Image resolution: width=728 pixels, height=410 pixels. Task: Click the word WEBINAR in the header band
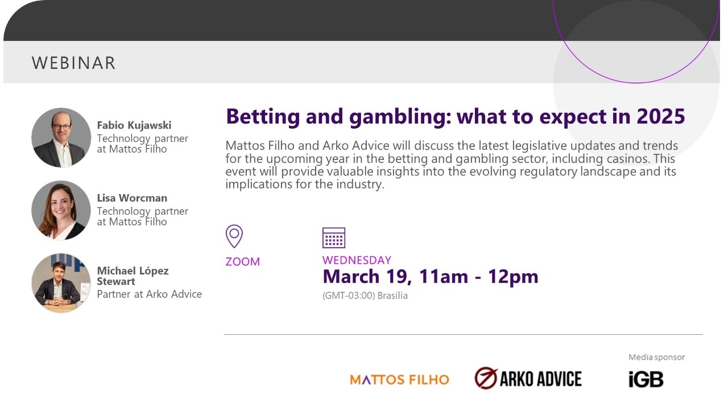click(73, 63)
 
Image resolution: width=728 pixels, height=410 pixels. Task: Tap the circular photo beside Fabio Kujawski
click(61, 138)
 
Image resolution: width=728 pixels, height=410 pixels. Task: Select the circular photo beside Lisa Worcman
click(61, 210)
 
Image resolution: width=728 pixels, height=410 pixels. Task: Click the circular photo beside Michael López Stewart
click(61, 283)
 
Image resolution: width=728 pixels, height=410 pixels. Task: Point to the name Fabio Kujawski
click(134, 125)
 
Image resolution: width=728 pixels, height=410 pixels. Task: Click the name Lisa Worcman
click(132, 198)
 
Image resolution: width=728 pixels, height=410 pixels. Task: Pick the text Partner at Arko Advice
click(149, 294)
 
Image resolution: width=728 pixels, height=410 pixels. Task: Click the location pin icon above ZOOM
click(234, 236)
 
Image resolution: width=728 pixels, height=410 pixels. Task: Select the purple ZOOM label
click(243, 261)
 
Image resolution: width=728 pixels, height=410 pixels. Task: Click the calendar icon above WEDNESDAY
click(334, 238)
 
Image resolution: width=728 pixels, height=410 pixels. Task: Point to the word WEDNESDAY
click(357, 260)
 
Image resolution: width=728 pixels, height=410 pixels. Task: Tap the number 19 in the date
click(399, 277)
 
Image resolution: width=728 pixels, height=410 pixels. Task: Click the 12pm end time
click(513, 277)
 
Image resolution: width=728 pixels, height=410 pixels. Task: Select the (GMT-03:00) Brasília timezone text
click(365, 296)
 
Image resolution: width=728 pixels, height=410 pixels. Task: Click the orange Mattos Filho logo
click(399, 379)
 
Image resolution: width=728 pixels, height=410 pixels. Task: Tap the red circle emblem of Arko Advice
click(486, 378)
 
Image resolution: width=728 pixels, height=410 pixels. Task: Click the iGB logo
click(646, 379)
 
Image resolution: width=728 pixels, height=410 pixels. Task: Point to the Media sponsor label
click(656, 357)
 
